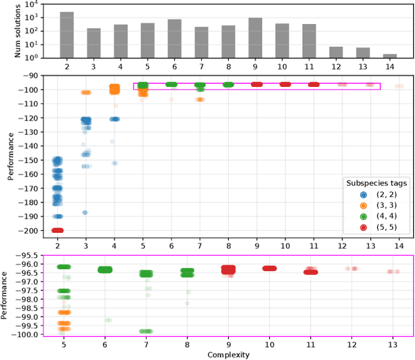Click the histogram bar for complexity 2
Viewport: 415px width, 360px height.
point(66,34)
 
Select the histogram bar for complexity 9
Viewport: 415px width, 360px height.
point(255,38)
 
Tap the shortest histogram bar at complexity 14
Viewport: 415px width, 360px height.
point(390,55)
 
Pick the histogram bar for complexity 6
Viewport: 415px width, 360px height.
point(174,38)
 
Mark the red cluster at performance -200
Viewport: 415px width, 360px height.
point(58,230)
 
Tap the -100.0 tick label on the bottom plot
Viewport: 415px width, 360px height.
point(32,333)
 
